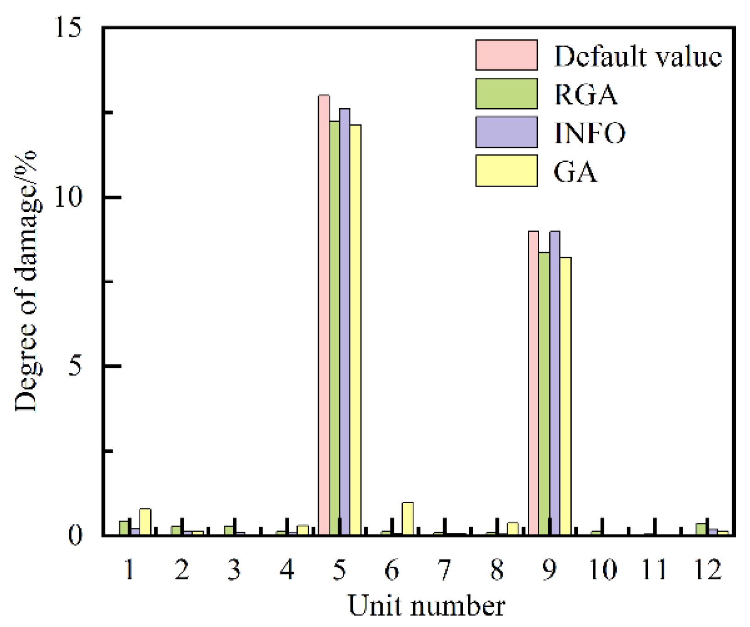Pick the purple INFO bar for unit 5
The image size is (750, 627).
(345, 321)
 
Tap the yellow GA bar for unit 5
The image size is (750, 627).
(355, 330)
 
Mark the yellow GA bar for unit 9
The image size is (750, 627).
(565, 396)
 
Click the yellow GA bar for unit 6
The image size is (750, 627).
(408, 518)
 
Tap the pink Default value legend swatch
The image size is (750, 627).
(506, 55)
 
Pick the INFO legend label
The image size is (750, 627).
(590, 133)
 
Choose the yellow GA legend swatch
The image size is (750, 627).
(506, 171)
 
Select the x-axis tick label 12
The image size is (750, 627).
(708, 570)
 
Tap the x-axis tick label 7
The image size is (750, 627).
(444, 570)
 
